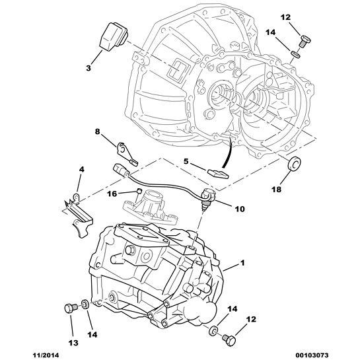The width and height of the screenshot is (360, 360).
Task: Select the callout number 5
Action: (186, 161)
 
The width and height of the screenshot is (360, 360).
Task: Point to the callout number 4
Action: (81, 170)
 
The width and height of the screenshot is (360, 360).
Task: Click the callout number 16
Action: (112, 194)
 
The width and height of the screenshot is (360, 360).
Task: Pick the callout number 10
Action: (239, 209)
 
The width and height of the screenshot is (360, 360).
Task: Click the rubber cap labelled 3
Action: (113, 36)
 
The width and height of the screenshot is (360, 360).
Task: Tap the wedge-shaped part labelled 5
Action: (217, 174)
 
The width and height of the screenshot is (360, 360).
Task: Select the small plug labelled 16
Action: (137, 194)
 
